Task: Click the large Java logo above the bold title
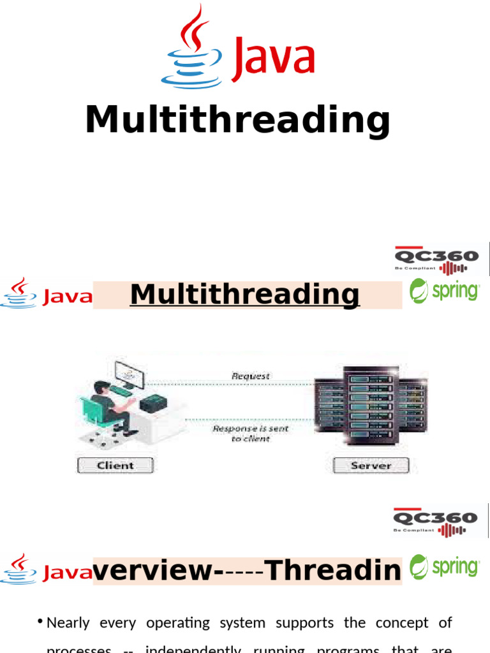tap(238, 48)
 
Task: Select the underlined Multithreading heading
tap(245, 295)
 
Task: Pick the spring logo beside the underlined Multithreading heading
tap(445, 291)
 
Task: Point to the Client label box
tap(115, 466)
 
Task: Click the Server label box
tap(371, 466)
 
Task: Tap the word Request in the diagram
tap(250, 376)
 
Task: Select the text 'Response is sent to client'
tap(250, 433)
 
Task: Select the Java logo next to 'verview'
tap(47, 569)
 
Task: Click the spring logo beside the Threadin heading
tap(445, 567)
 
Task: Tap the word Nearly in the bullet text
tap(68, 622)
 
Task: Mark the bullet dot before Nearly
tap(40, 622)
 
